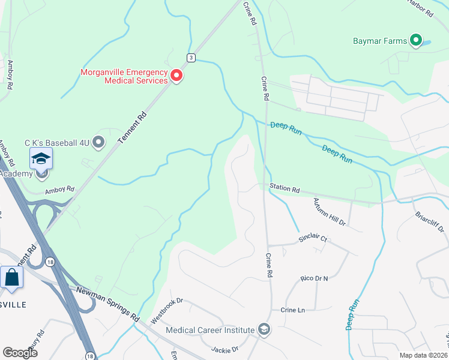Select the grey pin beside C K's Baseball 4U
pyautogui.click(x=99, y=142)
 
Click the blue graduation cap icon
pyautogui.click(x=41, y=159)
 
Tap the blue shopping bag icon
pyautogui.click(x=11, y=278)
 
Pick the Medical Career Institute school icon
pyautogui.click(x=264, y=329)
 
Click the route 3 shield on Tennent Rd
pyautogui.click(x=190, y=58)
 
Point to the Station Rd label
pyautogui.click(x=284, y=188)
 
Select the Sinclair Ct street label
pyautogui.click(x=313, y=239)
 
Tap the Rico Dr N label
pyautogui.click(x=315, y=280)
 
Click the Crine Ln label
pyautogui.click(x=293, y=310)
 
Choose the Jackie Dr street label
pyautogui.click(x=224, y=349)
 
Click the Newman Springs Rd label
pyautogui.click(x=108, y=304)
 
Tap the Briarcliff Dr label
pyautogui.click(x=431, y=223)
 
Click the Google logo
pyautogui.click(x=20, y=352)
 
